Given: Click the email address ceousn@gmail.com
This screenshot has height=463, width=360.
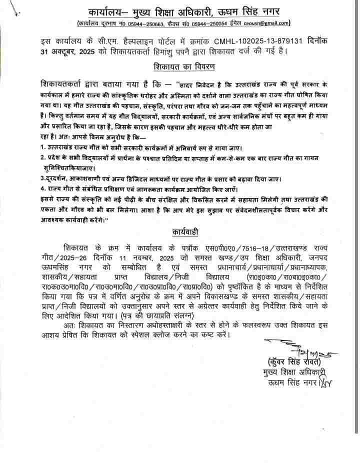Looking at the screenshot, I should pos(266,23).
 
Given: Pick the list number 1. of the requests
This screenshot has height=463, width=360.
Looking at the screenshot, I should pos(43,147).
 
